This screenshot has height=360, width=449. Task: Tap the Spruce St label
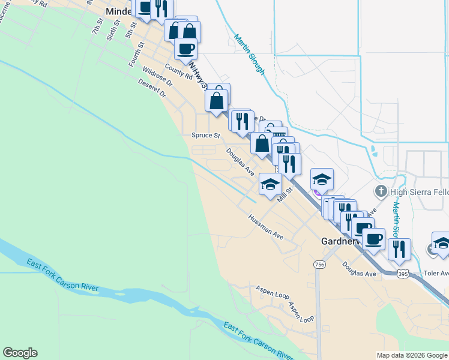tap(202, 136)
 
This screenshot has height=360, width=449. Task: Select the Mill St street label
tap(284, 195)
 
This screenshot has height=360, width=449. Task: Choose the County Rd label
tap(177, 73)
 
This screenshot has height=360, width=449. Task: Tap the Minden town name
tap(118, 11)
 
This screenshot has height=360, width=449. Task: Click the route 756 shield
tap(319, 264)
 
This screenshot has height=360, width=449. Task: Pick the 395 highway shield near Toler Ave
tap(403, 274)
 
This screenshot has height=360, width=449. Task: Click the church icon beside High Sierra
tap(380, 191)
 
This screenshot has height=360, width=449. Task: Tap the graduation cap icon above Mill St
tap(270, 183)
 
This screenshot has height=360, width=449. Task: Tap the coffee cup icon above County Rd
tap(185, 48)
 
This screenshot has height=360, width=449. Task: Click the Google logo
tap(20, 353)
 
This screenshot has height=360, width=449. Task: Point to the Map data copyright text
tap(411, 355)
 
